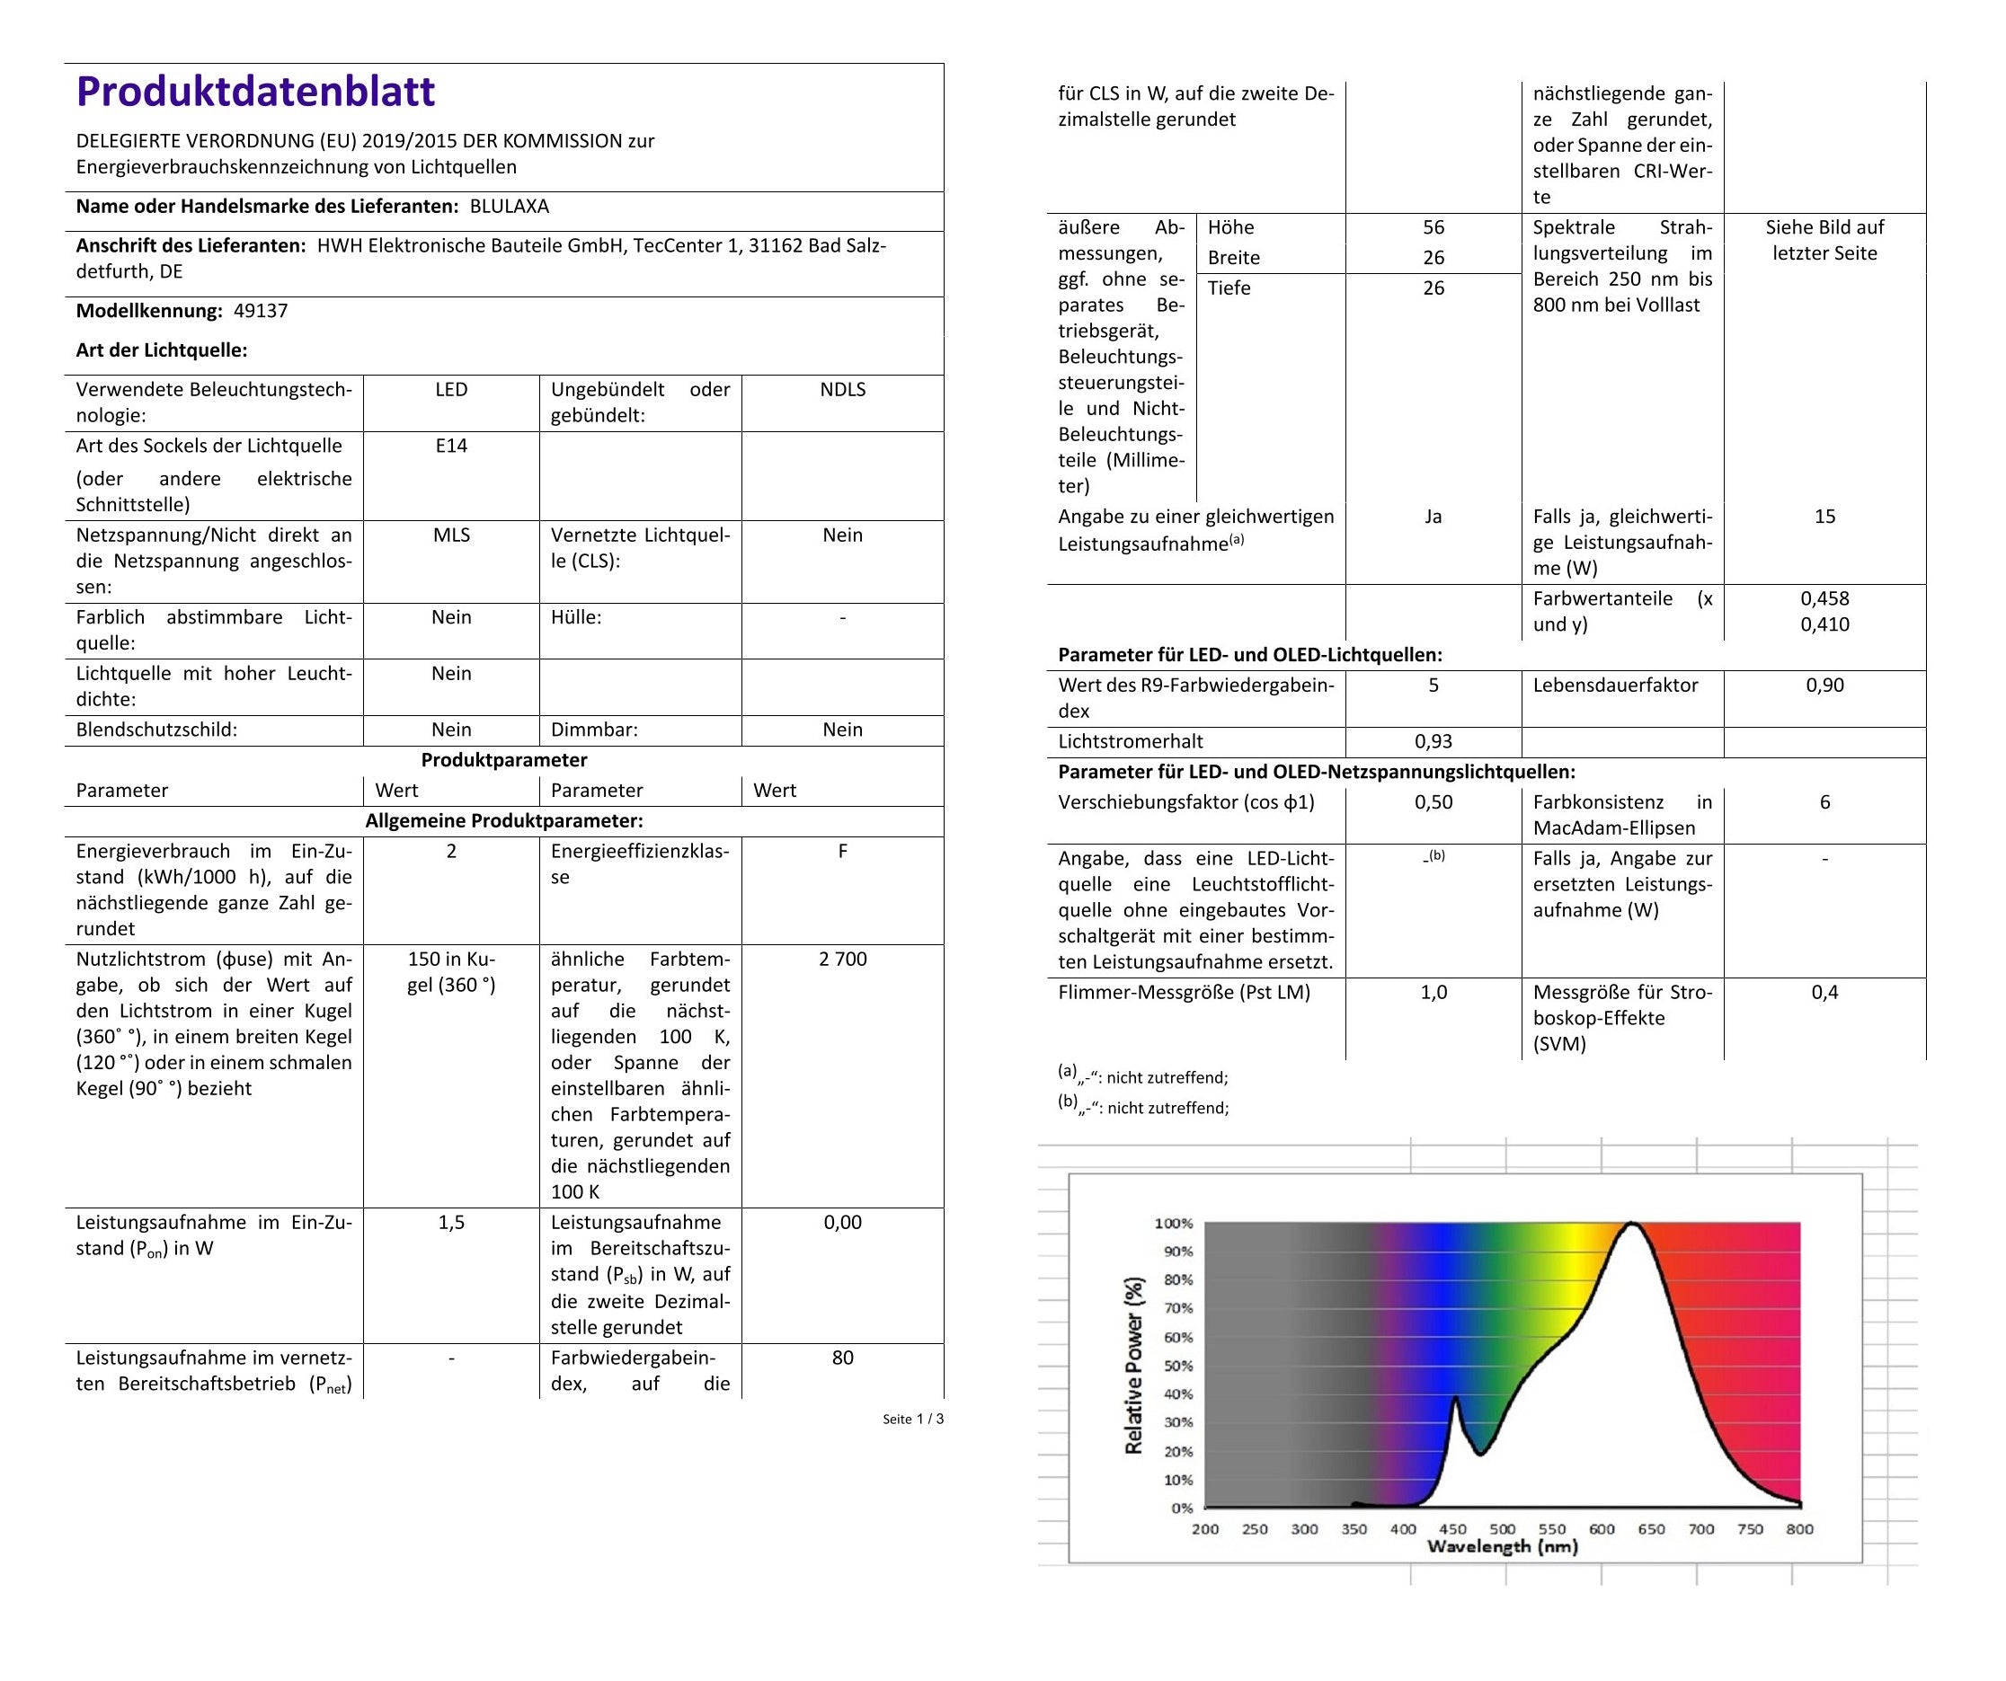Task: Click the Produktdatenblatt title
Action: (x=255, y=92)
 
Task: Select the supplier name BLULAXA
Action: (x=510, y=207)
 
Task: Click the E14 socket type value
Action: (x=451, y=445)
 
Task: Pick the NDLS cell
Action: (x=841, y=390)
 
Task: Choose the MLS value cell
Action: (x=451, y=535)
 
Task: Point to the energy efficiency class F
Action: (x=841, y=851)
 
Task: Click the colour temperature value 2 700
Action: (x=841, y=959)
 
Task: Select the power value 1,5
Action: (x=451, y=1223)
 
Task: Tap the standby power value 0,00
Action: (x=841, y=1223)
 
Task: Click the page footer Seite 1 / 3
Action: (x=912, y=1420)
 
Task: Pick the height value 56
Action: (x=1433, y=227)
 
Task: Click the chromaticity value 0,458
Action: (x=1824, y=599)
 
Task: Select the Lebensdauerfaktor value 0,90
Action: (x=1824, y=686)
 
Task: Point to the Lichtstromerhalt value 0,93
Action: (x=1433, y=741)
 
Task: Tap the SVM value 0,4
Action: (x=1824, y=993)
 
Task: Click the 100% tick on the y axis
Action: (x=1173, y=1224)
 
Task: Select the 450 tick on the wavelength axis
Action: (x=1452, y=1529)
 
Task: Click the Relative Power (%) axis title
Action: (x=1134, y=1365)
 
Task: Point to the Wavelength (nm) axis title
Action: (x=1502, y=1546)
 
